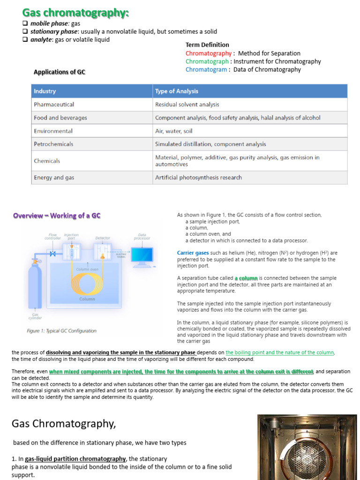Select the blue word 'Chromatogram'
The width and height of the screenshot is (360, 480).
[x=206, y=69]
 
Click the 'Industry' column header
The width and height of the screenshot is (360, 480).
[x=45, y=91]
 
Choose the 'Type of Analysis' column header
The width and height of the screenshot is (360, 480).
[x=177, y=91]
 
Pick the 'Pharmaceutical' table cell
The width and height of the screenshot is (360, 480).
[x=54, y=105]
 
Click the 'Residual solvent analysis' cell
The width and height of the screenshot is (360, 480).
[x=187, y=105]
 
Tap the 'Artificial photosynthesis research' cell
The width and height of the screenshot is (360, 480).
[x=198, y=178]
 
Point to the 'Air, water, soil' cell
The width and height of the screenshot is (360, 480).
[x=173, y=131]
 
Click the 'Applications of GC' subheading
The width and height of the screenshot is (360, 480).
[x=60, y=72]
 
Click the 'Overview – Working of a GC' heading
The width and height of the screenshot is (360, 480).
[x=57, y=216]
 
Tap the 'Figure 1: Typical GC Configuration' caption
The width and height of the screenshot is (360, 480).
[x=61, y=330]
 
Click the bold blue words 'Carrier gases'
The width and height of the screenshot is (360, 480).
[x=193, y=253]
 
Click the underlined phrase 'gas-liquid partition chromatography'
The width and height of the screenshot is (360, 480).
[x=75, y=459]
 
